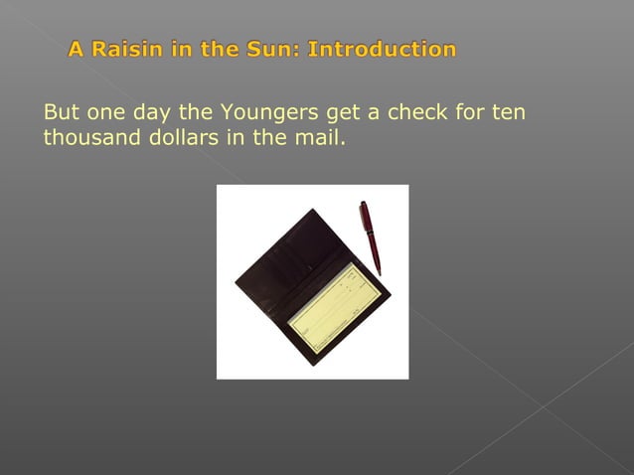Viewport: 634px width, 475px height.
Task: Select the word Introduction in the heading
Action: [x=383, y=49]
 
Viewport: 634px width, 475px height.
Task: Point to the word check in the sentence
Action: [x=416, y=112]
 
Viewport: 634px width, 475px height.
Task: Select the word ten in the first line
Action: [x=507, y=112]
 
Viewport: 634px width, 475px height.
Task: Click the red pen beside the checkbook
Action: [x=370, y=237]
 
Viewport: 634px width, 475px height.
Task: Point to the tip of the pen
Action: [x=379, y=272]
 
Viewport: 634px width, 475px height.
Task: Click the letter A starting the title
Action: [x=77, y=49]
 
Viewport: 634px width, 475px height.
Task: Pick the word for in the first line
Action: [x=467, y=112]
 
